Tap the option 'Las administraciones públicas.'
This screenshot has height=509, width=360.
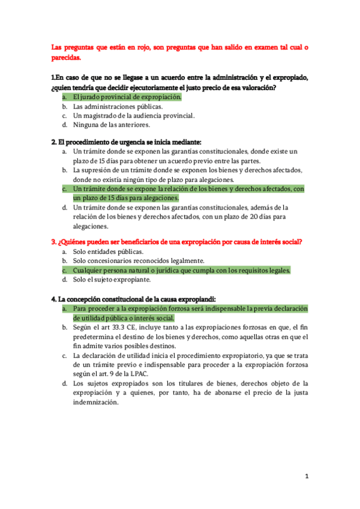coord(113,106)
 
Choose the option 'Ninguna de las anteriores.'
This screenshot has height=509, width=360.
coord(111,125)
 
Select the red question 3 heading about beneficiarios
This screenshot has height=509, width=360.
coord(176,242)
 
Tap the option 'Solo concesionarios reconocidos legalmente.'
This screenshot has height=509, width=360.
coord(139,261)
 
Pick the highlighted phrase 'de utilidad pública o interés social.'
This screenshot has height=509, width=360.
coord(124,318)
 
